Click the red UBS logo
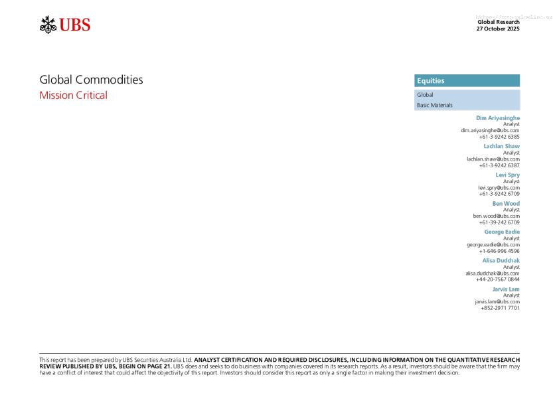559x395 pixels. coord(74,25)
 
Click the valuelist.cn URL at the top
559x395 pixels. coord(514,17)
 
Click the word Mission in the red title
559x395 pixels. coord(56,96)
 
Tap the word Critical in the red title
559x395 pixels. coord(92,96)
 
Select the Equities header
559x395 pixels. coord(431,81)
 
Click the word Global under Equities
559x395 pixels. coord(425,95)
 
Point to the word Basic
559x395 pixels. coord(423,106)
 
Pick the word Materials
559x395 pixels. coord(441,106)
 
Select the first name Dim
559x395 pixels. coord(481,118)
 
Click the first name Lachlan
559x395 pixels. coord(493,146)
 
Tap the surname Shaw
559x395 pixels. coord(513,146)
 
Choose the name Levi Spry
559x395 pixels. coord(508,175)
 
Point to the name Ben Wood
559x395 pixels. coord(506,204)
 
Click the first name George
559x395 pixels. coord(493,232)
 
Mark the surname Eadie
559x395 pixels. coord(513,232)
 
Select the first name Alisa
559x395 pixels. coord(489,261)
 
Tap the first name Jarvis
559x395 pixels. coord(500,289)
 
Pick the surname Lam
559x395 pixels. coord(515,289)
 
